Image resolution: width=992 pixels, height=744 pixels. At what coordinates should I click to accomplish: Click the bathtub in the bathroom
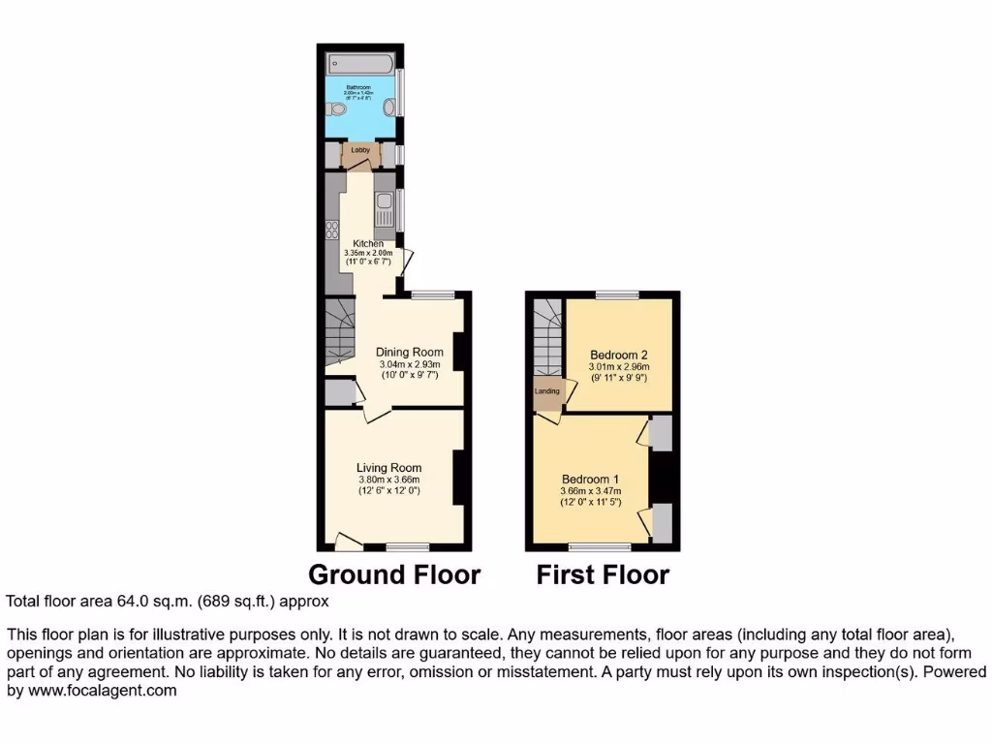click(x=359, y=63)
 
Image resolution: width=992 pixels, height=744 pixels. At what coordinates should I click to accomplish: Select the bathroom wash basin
click(x=389, y=108)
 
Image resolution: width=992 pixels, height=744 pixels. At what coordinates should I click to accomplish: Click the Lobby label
click(x=360, y=150)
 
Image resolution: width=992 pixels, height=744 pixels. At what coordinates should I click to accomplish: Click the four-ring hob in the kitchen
click(x=332, y=231)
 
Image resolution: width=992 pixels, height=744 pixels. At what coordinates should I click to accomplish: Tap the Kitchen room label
click(x=368, y=243)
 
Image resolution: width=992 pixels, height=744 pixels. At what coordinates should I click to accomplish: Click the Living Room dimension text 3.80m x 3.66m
click(x=389, y=480)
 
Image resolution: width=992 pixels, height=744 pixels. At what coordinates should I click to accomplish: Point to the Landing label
click(x=547, y=391)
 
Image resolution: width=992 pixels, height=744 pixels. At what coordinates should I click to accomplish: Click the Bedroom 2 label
click(x=619, y=355)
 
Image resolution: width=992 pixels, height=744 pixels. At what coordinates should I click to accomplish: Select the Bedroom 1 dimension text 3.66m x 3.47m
click(x=590, y=491)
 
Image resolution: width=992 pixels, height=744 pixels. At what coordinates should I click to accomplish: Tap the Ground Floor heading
click(x=394, y=574)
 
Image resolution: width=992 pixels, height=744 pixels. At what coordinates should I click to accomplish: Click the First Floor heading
click(x=603, y=574)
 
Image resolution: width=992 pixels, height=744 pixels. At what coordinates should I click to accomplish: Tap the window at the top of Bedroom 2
click(x=616, y=294)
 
